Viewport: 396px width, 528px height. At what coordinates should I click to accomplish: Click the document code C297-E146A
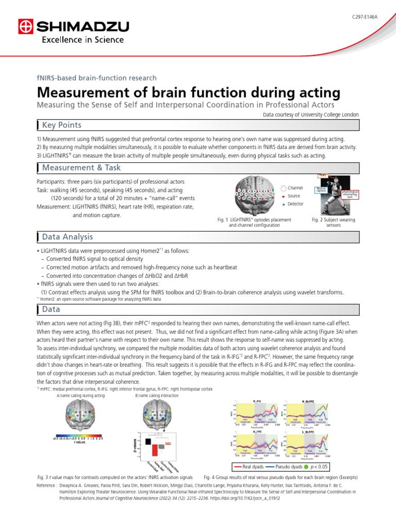[364, 17]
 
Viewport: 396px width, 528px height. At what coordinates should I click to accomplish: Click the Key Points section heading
[61, 125]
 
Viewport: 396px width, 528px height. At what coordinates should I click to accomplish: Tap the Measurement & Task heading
[81, 168]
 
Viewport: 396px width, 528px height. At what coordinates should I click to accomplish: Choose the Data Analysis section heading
[68, 237]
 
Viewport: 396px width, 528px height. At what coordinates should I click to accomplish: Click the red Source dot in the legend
[284, 196]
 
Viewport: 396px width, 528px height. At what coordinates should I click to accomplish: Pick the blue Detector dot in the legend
[284, 205]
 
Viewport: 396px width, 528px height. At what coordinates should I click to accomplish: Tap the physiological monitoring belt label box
[351, 194]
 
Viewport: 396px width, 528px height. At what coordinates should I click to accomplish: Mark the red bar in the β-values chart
[154, 450]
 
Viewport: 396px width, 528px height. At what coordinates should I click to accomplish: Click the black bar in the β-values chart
[147, 441]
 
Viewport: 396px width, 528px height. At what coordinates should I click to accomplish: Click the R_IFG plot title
[257, 401]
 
